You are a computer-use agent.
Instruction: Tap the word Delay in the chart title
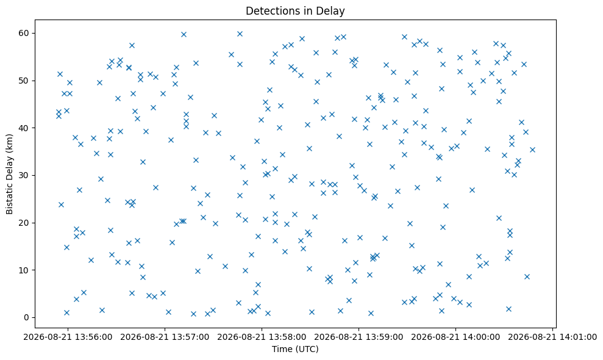(x=332, y=11)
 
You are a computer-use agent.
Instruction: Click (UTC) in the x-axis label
(x=307, y=349)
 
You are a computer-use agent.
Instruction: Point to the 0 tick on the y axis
(x=27, y=318)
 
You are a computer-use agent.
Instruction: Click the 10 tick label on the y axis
(x=24, y=270)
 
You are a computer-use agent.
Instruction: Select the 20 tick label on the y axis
(x=24, y=223)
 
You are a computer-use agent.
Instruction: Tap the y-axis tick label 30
(x=24, y=176)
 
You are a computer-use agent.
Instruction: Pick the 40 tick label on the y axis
(x=24, y=128)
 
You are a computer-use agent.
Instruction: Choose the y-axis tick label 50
(x=24, y=81)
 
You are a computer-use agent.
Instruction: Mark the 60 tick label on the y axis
(x=24, y=34)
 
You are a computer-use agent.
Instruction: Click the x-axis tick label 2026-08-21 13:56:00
(x=68, y=337)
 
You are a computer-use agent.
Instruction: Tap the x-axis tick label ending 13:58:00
(x=262, y=337)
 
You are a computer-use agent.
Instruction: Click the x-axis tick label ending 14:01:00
(x=552, y=337)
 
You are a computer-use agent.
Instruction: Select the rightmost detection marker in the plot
(x=532, y=149)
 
